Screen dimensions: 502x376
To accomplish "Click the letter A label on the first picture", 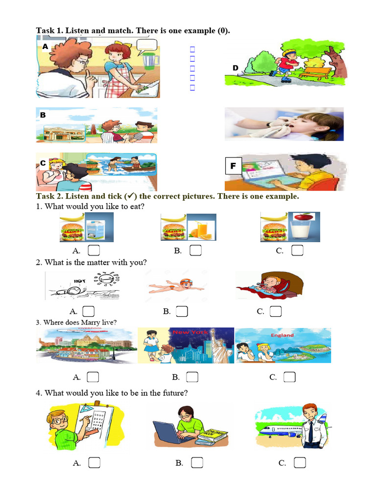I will click(x=45, y=47).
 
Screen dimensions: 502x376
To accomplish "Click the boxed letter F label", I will click(x=233, y=166).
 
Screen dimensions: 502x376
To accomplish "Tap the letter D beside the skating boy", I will click(x=235, y=68).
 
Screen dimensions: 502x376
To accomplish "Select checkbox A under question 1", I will click(x=94, y=251).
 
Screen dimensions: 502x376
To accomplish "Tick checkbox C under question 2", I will click(x=276, y=311).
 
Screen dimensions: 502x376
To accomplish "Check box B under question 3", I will click(x=192, y=377).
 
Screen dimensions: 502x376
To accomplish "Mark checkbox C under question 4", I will click(x=300, y=463).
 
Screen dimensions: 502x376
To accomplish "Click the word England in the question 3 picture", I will click(x=282, y=335).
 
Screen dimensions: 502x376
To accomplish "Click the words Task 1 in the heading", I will click(x=49, y=31).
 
